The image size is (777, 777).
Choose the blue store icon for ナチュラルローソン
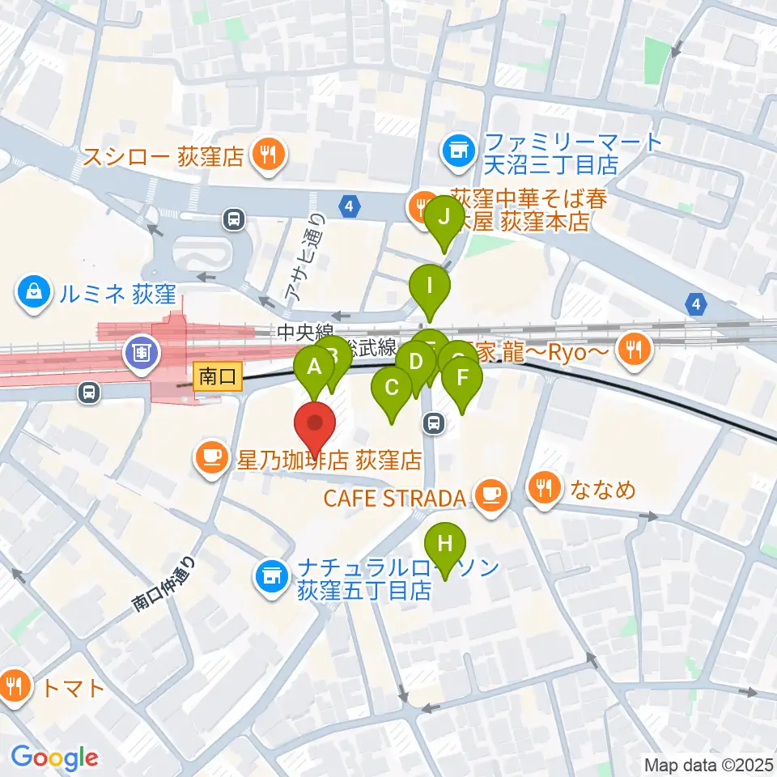[x=271, y=577]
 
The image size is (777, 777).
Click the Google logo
[x=55, y=758]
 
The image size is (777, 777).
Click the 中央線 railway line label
[x=304, y=333]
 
